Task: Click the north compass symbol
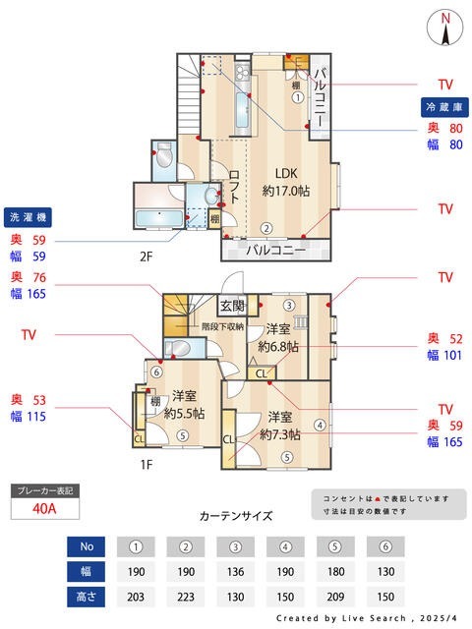(445, 28)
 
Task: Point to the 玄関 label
(232, 307)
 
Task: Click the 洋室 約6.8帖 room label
(277, 338)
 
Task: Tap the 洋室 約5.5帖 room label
(184, 405)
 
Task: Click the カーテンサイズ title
(236, 515)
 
